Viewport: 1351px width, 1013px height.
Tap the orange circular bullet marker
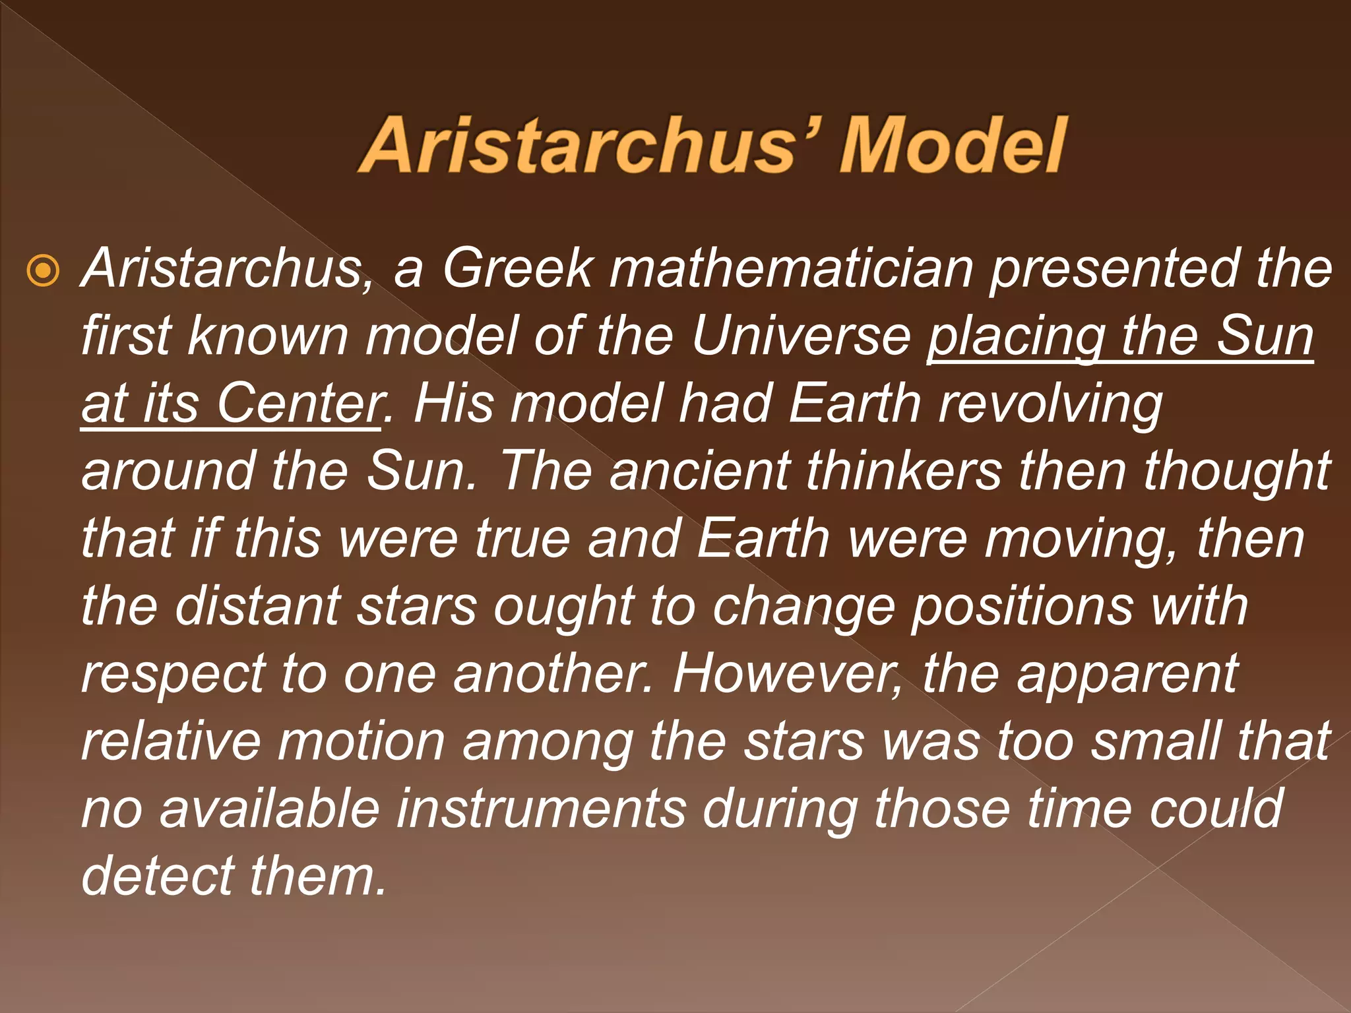tap(43, 270)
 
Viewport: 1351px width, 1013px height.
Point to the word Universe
tap(801, 336)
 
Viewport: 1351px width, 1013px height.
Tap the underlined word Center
tap(300, 404)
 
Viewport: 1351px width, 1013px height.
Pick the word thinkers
tap(904, 472)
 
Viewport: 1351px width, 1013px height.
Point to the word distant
tap(257, 607)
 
